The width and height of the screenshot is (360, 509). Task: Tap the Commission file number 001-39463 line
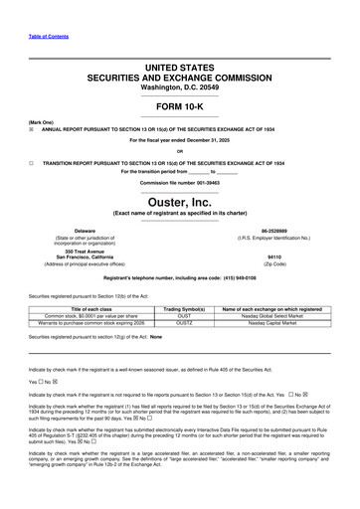(179, 183)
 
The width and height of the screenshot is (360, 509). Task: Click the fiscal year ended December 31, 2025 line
(179, 140)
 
